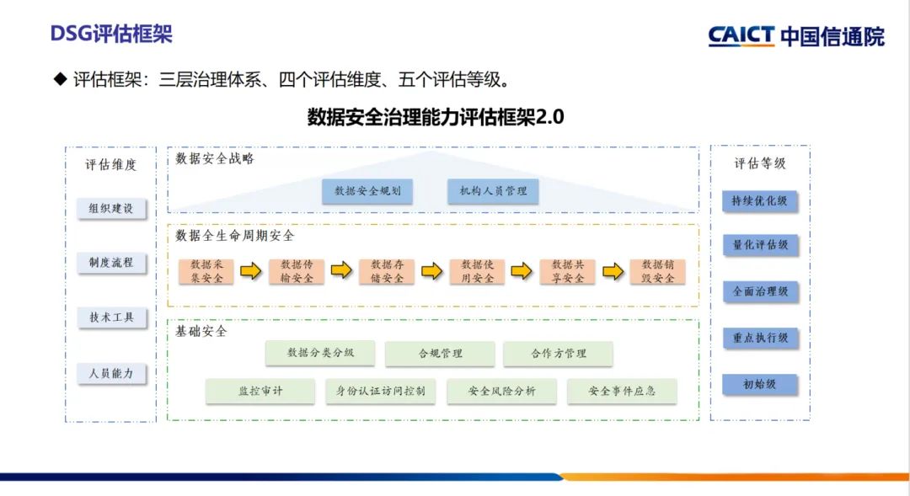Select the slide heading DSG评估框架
[x=111, y=35]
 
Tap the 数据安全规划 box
[x=367, y=191]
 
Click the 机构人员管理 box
[x=493, y=191]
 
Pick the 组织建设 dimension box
[x=111, y=207]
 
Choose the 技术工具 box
[x=111, y=317]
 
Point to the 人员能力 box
[x=111, y=373]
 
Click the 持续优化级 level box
[x=759, y=201]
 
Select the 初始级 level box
[x=759, y=384]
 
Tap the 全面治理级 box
[x=759, y=291]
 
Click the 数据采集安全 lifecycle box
[x=206, y=271]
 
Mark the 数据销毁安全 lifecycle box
[x=658, y=271]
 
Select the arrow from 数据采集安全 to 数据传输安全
[x=251, y=271]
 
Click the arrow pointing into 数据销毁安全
[x=615, y=271]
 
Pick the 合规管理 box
[x=440, y=354]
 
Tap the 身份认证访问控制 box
[x=380, y=391]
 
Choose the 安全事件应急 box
[x=621, y=391]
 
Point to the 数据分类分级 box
[x=320, y=353]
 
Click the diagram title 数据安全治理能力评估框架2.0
[x=436, y=117]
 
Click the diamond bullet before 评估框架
[x=60, y=80]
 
